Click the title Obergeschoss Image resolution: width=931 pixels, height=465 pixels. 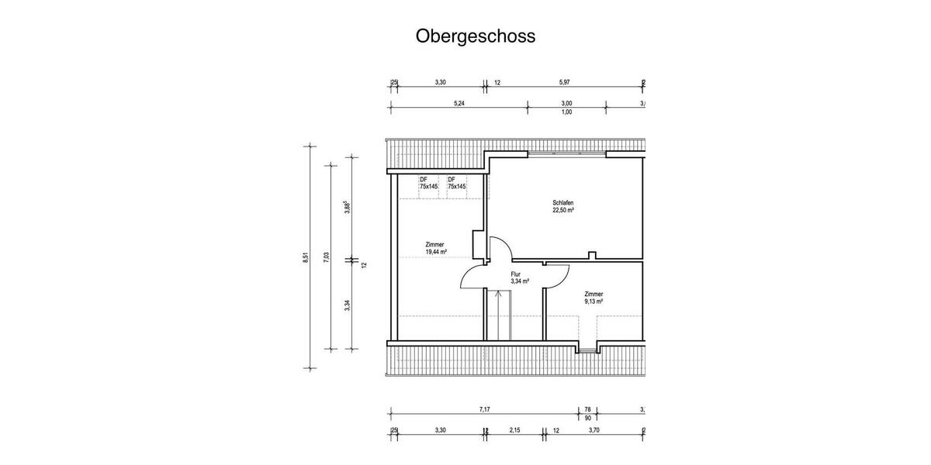tap(475, 36)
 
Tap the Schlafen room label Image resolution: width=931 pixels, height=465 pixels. tap(563, 202)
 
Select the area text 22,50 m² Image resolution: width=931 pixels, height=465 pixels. tap(563, 210)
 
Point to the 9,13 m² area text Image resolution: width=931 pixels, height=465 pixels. tap(594, 302)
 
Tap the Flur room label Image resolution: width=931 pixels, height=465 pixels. tap(515, 274)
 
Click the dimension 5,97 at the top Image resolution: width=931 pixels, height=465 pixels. tap(565, 81)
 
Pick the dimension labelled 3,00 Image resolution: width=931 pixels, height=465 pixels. tap(566, 103)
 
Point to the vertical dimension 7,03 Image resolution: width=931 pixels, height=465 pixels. tap(327, 256)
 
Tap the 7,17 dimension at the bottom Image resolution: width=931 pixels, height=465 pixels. tap(484, 408)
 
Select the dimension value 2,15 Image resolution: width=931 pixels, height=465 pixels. tap(514, 430)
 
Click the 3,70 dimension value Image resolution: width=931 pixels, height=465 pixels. tap(594, 430)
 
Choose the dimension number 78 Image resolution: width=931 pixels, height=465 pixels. tap(587, 408)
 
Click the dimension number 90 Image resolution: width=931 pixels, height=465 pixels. tap(587, 418)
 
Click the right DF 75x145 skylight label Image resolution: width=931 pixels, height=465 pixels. tap(456, 184)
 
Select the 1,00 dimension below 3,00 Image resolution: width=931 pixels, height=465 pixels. tap(566, 112)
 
